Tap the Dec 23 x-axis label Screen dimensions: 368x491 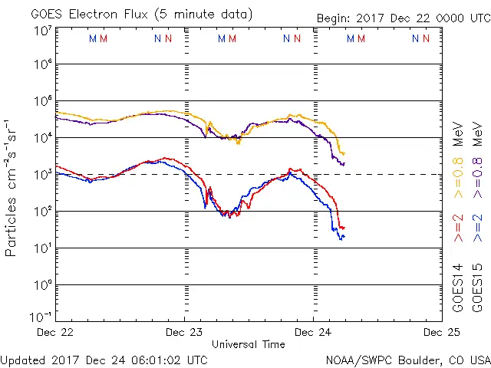(185, 332)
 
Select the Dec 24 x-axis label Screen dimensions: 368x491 (313, 332)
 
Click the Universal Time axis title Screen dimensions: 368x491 (249, 344)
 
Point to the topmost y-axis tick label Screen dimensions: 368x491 (41, 30)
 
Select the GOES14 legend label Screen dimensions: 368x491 (458, 288)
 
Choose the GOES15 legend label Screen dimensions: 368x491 (476, 288)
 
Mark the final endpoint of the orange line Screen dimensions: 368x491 (344, 153)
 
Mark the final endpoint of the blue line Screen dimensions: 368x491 (344, 236)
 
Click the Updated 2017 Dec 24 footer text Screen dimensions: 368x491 (104, 359)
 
